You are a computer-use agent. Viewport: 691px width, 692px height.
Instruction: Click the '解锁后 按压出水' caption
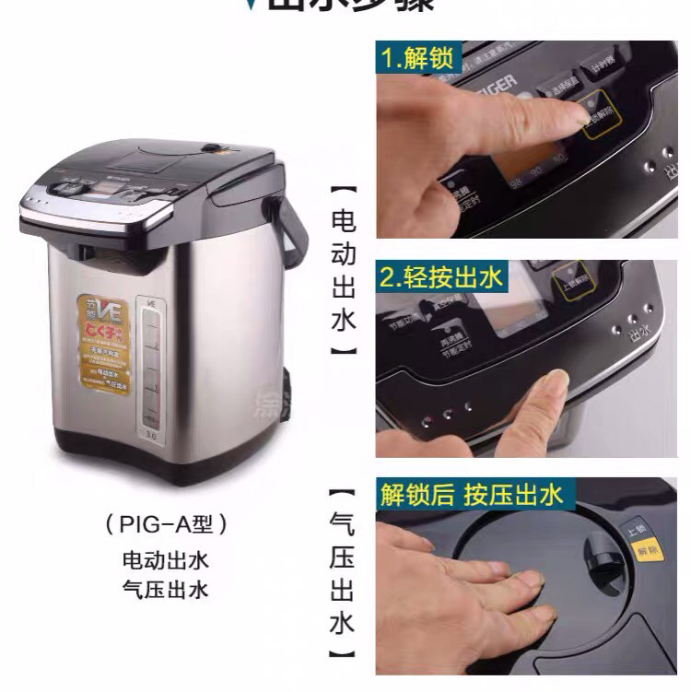(x=471, y=495)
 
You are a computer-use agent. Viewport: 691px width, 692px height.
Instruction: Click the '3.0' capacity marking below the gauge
(x=147, y=426)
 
